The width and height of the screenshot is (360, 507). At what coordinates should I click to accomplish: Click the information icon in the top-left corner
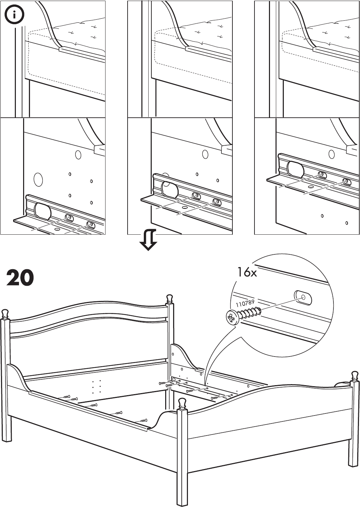point(14,15)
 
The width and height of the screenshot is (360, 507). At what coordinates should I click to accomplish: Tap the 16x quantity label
point(247,272)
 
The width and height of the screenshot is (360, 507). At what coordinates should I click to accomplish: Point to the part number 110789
point(245,303)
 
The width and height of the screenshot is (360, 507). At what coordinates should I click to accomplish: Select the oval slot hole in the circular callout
point(303,298)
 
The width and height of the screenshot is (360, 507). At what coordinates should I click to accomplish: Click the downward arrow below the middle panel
point(148,240)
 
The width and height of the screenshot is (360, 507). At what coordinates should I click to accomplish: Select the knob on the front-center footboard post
point(182,403)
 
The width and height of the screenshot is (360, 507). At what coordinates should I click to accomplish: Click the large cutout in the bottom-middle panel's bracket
point(169,190)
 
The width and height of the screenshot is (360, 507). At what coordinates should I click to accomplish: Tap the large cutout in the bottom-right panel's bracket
point(295,169)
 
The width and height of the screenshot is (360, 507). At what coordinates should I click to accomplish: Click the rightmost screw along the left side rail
point(143,420)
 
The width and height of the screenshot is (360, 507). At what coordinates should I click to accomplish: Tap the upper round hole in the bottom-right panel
point(332,154)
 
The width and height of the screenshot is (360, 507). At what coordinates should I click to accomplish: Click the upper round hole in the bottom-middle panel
point(205,154)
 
